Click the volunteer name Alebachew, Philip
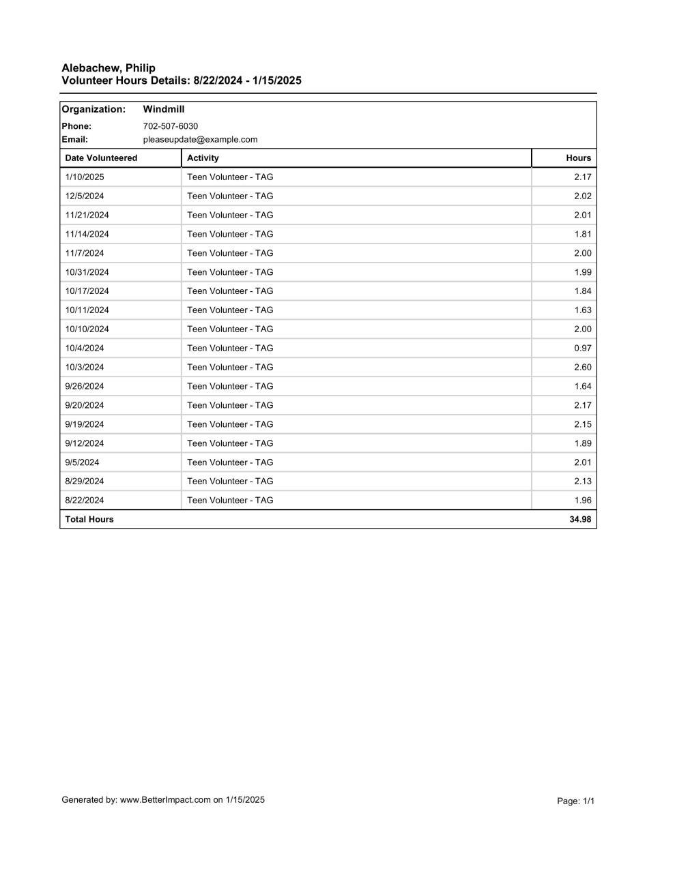point(109,68)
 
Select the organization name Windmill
point(164,109)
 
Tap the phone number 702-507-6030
point(171,126)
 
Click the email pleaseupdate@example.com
point(201,140)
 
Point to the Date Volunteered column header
point(101,158)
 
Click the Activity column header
point(203,158)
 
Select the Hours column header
point(578,158)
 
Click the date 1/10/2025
point(85,177)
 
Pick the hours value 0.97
point(583,349)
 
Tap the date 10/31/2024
point(87,272)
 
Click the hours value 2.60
point(583,368)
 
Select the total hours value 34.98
point(580,520)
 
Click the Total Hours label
point(89,520)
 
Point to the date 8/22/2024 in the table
point(85,501)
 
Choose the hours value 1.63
point(583,310)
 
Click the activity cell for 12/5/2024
point(230,196)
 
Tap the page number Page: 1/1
point(576,801)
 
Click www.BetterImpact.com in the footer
point(165,800)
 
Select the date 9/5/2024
point(83,462)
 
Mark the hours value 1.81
point(583,235)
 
